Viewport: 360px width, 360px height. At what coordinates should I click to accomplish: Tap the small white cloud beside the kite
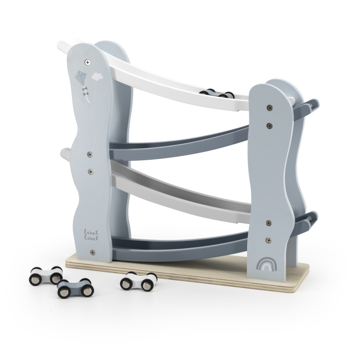(97, 76)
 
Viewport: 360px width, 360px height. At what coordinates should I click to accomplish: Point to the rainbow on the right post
(266, 264)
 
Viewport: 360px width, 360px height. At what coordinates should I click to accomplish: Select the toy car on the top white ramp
(216, 93)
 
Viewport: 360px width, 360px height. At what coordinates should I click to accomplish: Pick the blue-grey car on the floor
(75, 288)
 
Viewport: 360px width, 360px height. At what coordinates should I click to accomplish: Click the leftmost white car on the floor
(46, 275)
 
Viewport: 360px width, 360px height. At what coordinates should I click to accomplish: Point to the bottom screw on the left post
(93, 252)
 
